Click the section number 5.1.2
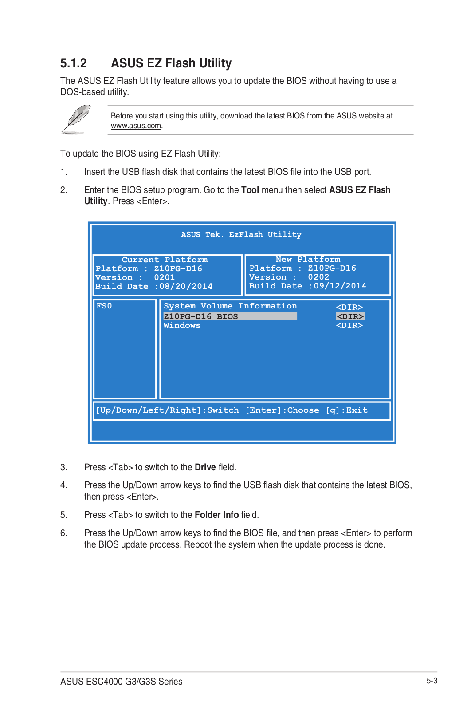[74, 63]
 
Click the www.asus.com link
[136, 126]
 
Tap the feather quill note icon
[76, 119]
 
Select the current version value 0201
[164, 277]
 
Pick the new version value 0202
[318, 277]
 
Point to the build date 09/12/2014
[340, 286]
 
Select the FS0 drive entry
[104, 306]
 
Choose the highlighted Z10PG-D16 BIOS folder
[200, 316]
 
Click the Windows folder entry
[182, 325]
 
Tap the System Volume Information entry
[230, 306]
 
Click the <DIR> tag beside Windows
[349, 325]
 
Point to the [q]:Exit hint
[346, 410]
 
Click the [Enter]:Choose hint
[282, 410]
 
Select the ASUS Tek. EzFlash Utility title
[241, 234]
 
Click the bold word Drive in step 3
[205, 467]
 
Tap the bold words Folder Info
[216, 515]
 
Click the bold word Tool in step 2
[250, 190]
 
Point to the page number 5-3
[432, 681]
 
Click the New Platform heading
[308, 259]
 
